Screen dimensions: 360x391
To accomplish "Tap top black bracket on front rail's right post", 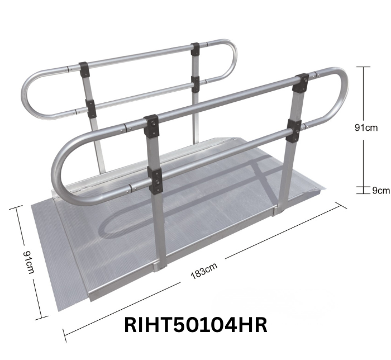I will pyautogui.click(x=301, y=82).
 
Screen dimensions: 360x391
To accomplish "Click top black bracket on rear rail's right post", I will pyautogui.click(x=195, y=49).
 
